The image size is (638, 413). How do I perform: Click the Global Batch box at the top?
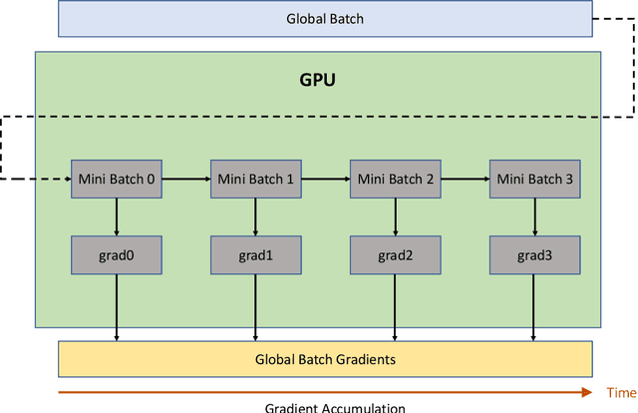[325, 18]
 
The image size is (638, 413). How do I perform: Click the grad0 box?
[117, 255]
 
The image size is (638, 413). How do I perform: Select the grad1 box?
[256, 255]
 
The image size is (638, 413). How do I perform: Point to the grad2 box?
[396, 255]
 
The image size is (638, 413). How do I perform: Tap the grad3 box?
[534, 255]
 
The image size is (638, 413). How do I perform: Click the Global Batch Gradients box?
[325, 359]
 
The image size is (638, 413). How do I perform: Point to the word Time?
[620, 392]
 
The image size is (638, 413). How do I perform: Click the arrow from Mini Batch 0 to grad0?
[117, 216]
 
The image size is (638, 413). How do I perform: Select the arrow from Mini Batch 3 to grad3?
[534, 216]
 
